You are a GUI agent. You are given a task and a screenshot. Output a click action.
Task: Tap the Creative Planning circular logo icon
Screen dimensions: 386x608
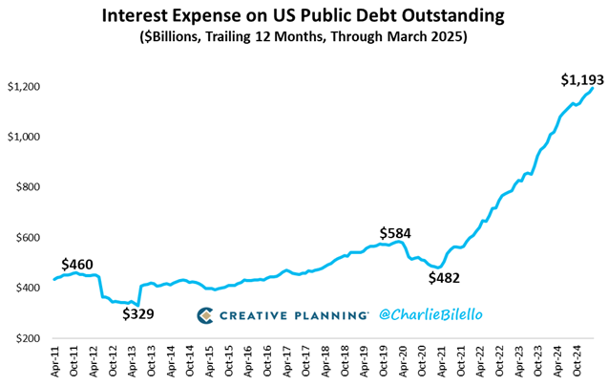[205, 315]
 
